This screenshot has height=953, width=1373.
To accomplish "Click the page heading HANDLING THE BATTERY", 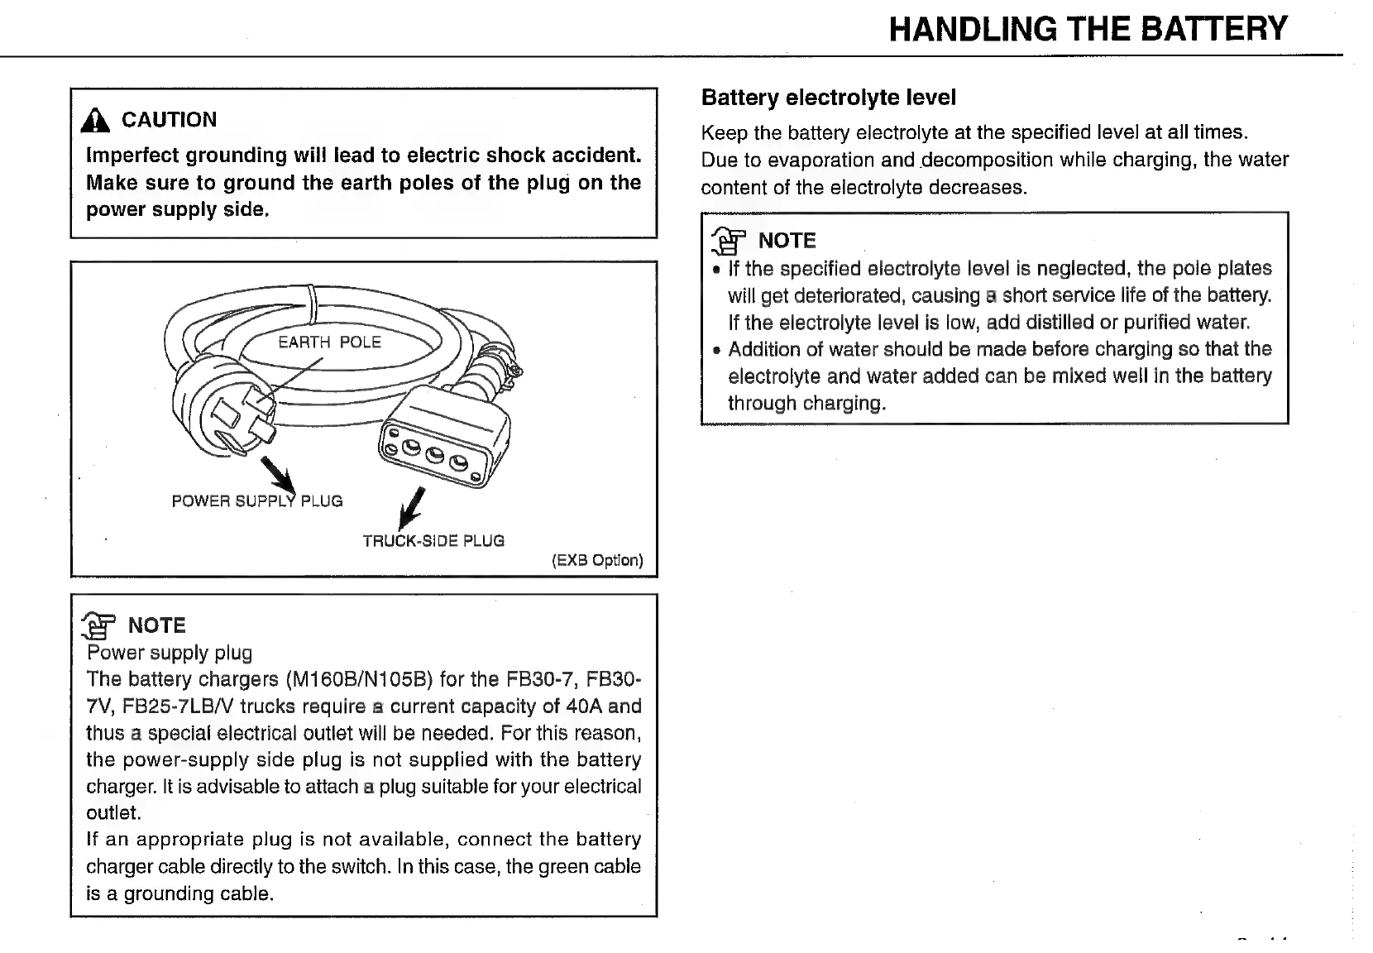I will point(1088,29).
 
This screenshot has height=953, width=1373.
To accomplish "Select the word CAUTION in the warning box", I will point(169,120).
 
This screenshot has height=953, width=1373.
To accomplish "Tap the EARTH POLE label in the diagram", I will point(329,342).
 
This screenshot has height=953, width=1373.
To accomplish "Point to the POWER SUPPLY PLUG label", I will point(256,501).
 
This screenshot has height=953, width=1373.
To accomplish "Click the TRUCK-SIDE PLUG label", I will point(433,541).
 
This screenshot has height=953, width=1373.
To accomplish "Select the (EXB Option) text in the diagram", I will point(597,560).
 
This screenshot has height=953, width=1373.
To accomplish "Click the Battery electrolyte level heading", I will point(828,98).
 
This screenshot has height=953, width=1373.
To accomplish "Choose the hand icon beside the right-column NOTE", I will point(728,242).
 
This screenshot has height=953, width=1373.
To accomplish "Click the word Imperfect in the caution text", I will point(132,156).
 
